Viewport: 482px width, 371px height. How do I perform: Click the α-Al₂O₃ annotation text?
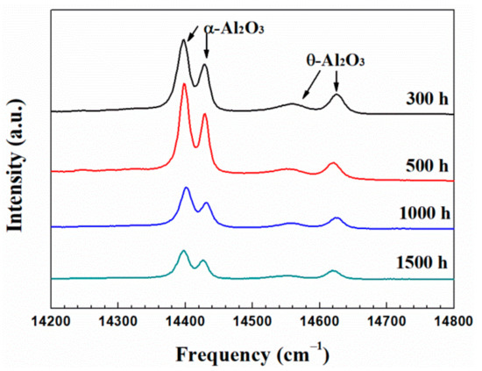point(234,27)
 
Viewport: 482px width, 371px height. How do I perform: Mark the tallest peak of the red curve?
point(184,85)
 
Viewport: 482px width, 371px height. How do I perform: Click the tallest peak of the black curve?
point(184,40)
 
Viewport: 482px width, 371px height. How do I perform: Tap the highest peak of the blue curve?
point(186,188)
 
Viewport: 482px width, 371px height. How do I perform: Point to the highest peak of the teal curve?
point(183,252)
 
